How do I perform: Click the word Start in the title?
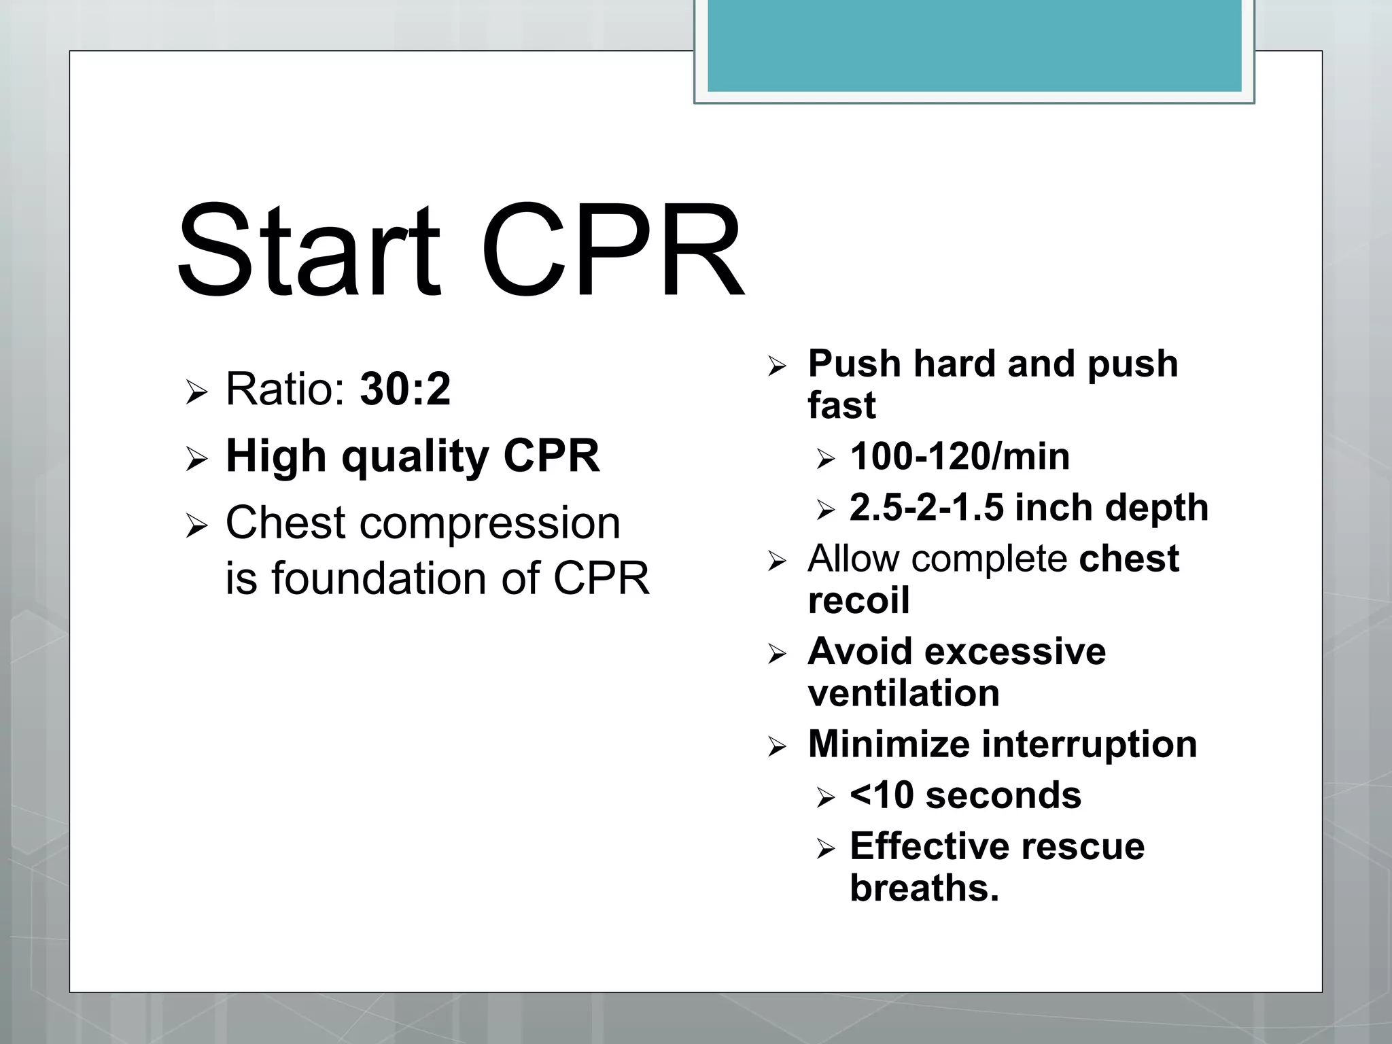tap(309, 251)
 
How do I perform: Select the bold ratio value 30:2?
tap(405, 389)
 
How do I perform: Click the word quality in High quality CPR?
tap(415, 457)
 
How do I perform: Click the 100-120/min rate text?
tap(960, 457)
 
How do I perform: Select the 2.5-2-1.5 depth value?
tap(926, 508)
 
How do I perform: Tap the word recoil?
tap(858, 601)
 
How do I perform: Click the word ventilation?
tap(904, 694)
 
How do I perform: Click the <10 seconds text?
tap(965, 796)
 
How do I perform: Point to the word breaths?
tap(924, 888)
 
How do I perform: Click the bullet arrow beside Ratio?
tap(196, 392)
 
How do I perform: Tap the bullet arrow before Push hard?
tap(777, 367)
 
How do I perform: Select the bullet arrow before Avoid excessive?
tap(777, 655)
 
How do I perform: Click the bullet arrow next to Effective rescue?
tap(825, 849)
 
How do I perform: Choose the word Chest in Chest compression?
tap(285, 523)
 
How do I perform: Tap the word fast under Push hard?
tap(841, 406)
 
